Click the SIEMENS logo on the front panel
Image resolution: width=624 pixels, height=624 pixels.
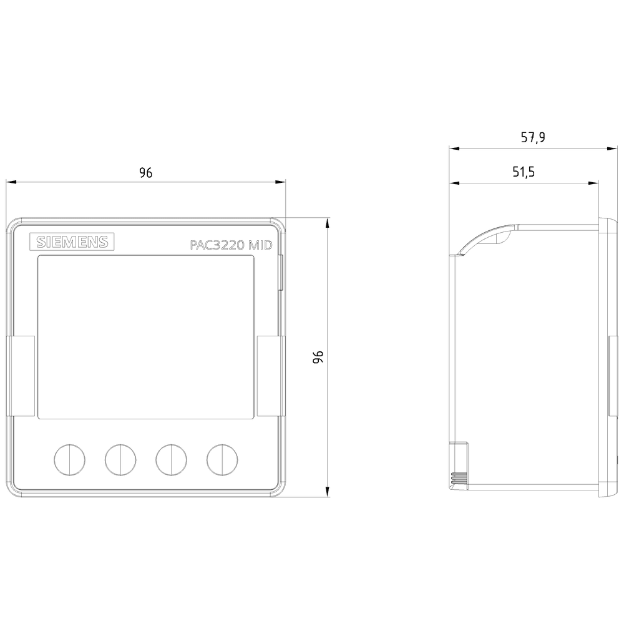(72, 243)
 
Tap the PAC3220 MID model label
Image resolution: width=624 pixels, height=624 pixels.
(231, 246)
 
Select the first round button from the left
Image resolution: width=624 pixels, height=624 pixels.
(69, 459)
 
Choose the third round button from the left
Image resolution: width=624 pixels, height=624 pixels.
(171, 459)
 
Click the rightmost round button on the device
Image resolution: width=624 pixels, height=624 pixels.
(222, 459)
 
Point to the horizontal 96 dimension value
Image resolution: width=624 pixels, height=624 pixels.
(145, 173)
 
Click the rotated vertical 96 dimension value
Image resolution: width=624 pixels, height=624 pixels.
(318, 357)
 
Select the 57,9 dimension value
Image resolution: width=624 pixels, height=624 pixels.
(533, 139)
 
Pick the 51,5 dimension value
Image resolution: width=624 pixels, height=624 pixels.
(524, 173)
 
